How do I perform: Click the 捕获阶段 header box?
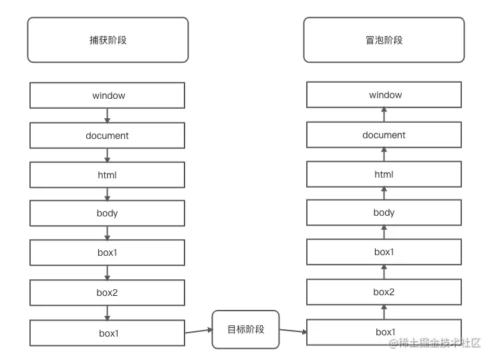coord(108,40)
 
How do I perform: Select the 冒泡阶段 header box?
coord(384,40)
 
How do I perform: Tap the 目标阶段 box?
coord(245,329)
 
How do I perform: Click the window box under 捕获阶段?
coord(108,96)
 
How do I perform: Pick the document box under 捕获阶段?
coord(108,136)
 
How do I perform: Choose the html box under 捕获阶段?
coord(108,175)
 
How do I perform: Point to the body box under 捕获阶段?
coord(108,214)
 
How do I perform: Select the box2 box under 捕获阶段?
coord(108,293)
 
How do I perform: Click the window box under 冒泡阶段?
coord(384,95)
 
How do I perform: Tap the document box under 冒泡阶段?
coord(384,135)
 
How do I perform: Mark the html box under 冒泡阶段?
coord(384,174)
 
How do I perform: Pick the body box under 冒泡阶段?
coord(384,213)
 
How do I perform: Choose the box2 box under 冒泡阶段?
coord(384,292)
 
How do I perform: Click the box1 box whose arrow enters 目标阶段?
coord(108,333)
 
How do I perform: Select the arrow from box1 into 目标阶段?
coord(199,330)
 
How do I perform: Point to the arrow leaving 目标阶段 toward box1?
coord(293,331)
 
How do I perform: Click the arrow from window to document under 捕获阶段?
coord(108,116)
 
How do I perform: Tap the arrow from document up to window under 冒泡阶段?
coord(384,115)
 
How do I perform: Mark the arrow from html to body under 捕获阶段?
coord(108,194)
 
